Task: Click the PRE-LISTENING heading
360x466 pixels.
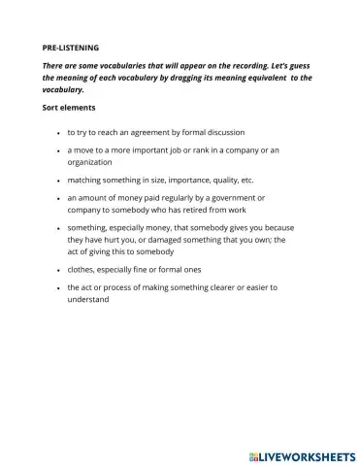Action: [x=72, y=47]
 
